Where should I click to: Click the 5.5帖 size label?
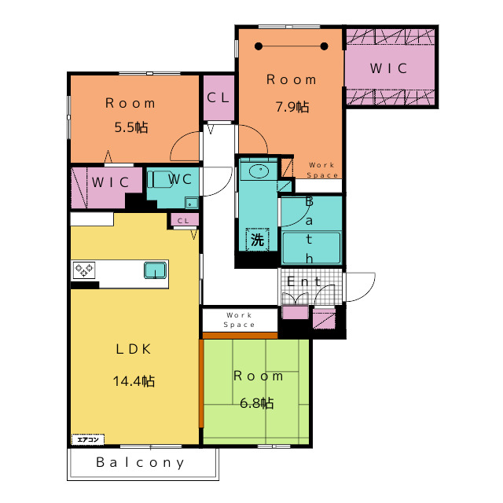point(131,127)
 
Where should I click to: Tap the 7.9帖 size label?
point(292,107)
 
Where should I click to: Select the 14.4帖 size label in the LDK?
point(134,381)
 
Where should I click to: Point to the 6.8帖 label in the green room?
point(257,403)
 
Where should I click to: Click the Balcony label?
point(140,463)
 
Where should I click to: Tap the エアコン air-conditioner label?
point(88,439)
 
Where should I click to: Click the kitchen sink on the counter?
point(156,270)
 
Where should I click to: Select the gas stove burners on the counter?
point(84,270)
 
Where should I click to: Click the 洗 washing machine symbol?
point(257,239)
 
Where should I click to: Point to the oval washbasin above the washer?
point(259,171)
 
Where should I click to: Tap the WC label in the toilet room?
point(180,179)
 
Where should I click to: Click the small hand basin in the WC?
point(191,203)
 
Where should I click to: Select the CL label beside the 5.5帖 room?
point(218,97)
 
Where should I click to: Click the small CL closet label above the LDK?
point(183,221)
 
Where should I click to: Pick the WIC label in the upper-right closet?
point(389,68)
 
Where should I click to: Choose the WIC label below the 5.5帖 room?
point(111,182)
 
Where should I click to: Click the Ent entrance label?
point(303,281)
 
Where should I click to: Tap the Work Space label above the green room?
point(239,320)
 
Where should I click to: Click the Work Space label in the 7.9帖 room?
point(322,170)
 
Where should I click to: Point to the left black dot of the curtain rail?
point(259,46)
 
